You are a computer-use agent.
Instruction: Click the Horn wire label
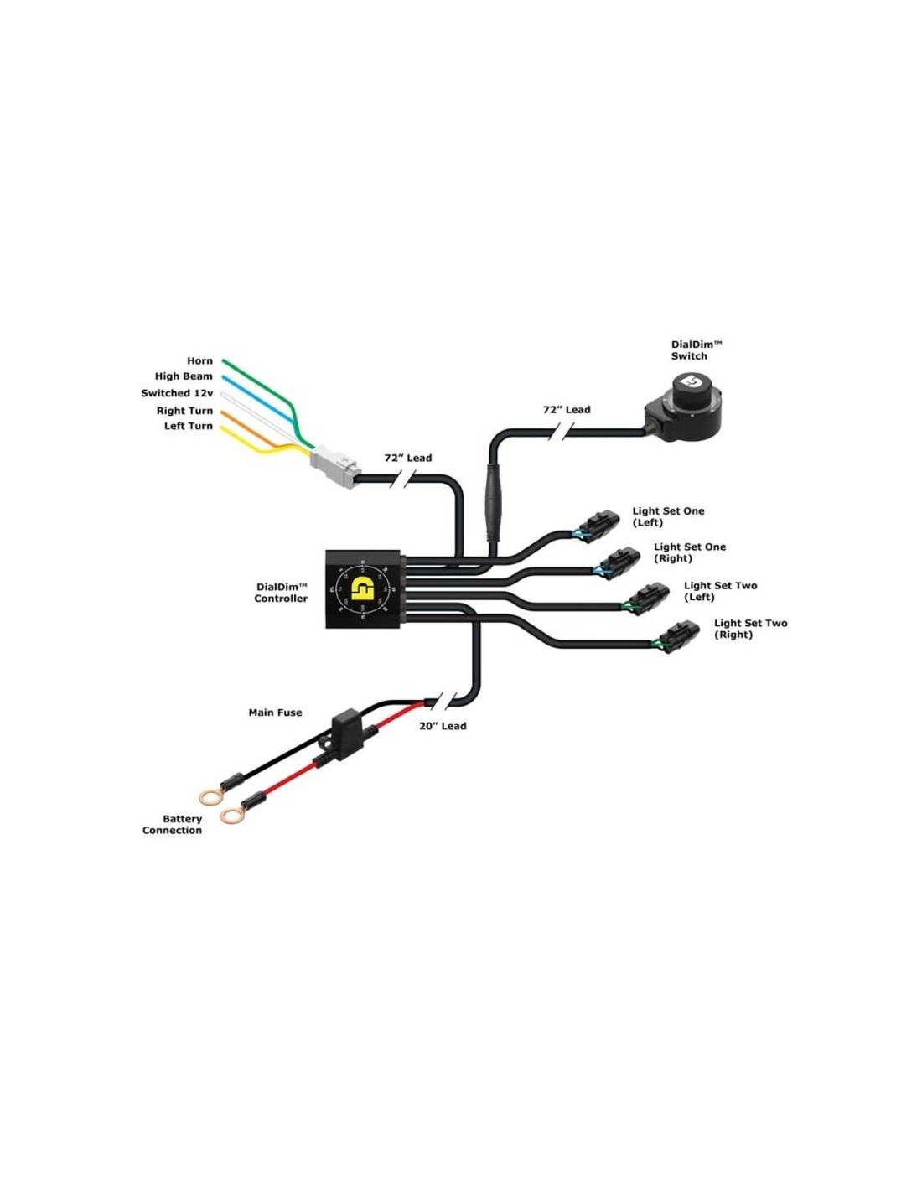(x=199, y=361)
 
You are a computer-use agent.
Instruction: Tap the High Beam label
(x=184, y=376)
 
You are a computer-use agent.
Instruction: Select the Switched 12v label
(x=177, y=393)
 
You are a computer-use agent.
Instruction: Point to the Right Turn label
(x=184, y=411)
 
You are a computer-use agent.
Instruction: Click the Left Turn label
(x=189, y=426)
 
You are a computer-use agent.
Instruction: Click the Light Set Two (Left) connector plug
(x=648, y=599)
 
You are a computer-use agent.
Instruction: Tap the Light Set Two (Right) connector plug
(x=679, y=637)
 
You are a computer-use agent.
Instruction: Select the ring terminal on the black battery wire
(x=210, y=796)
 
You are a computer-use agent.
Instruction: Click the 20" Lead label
(x=443, y=726)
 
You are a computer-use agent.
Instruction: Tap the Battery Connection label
(x=173, y=825)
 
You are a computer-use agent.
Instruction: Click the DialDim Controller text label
(x=281, y=593)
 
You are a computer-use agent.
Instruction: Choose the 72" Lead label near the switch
(x=567, y=410)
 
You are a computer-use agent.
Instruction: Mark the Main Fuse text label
(x=275, y=713)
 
